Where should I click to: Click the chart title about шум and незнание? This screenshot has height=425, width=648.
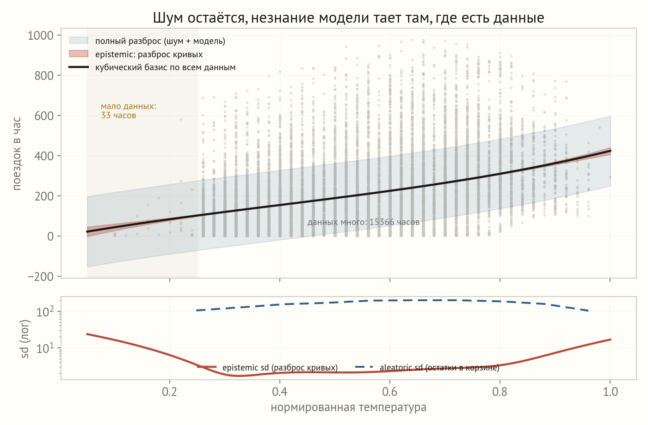click(348, 18)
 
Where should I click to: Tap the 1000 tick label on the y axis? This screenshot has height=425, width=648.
click(41, 36)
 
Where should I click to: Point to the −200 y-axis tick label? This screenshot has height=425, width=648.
click(41, 277)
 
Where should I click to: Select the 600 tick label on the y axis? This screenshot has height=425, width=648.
click(44, 116)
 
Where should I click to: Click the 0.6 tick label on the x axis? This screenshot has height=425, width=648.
click(389, 391)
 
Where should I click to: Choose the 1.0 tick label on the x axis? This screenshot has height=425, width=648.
click(610, 391)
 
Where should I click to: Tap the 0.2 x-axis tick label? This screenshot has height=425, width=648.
click(170, 391)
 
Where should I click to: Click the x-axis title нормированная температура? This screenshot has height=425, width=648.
click(349, 407)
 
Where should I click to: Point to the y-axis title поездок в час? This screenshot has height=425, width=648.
click(17, 153)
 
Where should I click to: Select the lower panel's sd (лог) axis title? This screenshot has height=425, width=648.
click(25, 339)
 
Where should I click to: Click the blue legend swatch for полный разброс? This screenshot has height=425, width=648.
click(78, 41)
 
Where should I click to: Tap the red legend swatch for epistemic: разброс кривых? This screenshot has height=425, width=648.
click(78, 54)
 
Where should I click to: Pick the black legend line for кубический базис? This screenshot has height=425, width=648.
click(78, 67)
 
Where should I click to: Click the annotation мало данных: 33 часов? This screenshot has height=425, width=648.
click(129, 111)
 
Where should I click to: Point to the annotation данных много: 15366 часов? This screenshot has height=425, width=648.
click(364, 222)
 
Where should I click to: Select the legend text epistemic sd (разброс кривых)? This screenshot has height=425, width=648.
click(280, 368)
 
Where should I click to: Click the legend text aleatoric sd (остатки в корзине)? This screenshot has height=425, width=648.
click(439, 368)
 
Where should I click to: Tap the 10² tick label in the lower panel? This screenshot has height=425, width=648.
click(45, 311)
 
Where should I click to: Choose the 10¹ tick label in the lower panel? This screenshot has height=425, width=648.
click(45, 348)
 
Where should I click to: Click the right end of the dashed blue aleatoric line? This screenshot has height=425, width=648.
click(588, 311)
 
